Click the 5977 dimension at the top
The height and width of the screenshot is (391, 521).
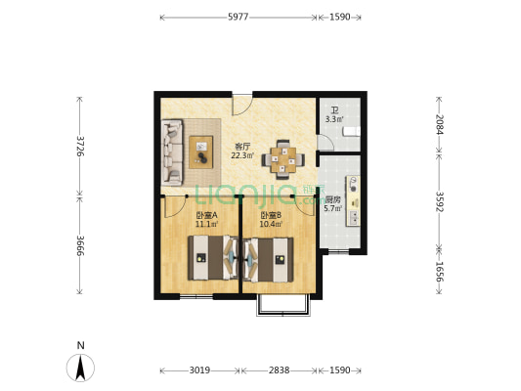(x=238, y=17)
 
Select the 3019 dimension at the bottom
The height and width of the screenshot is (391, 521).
(x=199, y=370)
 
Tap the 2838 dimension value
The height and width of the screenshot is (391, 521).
(x=280, y=370)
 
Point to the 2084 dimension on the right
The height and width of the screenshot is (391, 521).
(x=439, y=124)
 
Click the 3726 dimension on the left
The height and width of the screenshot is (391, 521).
(x=80, y=146)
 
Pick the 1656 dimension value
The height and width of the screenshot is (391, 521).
(x=439, y=272)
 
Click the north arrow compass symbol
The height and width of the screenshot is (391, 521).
(x=80, y=368)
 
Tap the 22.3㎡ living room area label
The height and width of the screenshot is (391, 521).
(x=242, y=155)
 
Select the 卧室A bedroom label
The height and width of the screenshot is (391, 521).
(x=206, y=215)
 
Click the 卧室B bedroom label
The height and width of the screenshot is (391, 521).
(x=271, y=215)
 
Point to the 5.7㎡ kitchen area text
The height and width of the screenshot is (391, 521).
(x=333, y=208)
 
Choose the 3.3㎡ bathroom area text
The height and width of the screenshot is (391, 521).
(x=334, y=119)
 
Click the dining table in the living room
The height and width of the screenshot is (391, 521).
(x=282, y=159)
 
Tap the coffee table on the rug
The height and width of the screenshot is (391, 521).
(x=201, y=152)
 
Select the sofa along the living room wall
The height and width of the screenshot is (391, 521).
(x=172, y=152)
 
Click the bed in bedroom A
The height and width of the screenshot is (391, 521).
(x=213, y=258)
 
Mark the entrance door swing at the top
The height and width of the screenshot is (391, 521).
(x=241, y=105)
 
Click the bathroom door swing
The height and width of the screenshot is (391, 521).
(x=326, y=143)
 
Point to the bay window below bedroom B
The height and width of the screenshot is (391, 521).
(x=283, y=305)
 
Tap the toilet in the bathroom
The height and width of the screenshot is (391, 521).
(x=351, y=132)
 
